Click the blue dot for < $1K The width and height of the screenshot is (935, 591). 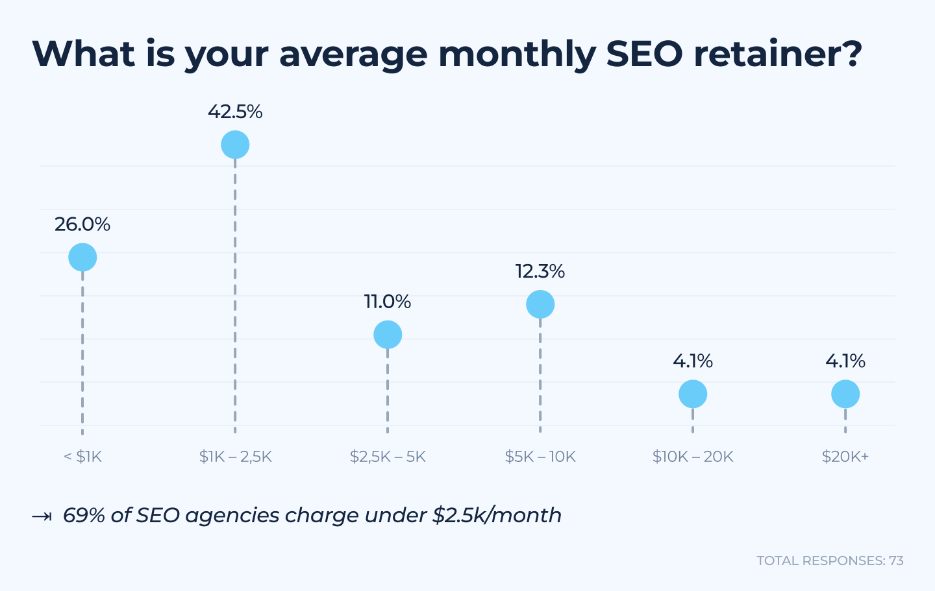pos(82,258)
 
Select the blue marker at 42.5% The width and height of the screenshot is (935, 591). pos(235,145)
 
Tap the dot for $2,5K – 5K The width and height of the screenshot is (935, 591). pos(388,335)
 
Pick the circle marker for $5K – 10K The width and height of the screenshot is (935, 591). pos(540,304)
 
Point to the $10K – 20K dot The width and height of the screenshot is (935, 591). pos(693,394)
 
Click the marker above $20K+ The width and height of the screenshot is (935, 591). pos(845,394)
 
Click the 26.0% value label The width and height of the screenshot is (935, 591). pos(82,224)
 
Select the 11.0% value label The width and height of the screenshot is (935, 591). pos(388,302)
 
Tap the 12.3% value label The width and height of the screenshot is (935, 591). pos(540,271)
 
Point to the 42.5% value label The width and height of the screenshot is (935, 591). pos(235,112)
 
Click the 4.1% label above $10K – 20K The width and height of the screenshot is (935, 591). pos(693,361)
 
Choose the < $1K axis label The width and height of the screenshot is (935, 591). pos(83,457)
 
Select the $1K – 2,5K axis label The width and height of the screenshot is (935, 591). pos(235,457)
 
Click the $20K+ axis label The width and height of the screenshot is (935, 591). pos(845,457)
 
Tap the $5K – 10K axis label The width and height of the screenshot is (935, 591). pos(540,457)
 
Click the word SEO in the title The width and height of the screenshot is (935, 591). pos(644,53)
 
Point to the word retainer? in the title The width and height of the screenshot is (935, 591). pos(778,53)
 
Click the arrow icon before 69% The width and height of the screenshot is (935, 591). pos(42,516)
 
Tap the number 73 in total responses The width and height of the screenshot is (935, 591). pos(896,561)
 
